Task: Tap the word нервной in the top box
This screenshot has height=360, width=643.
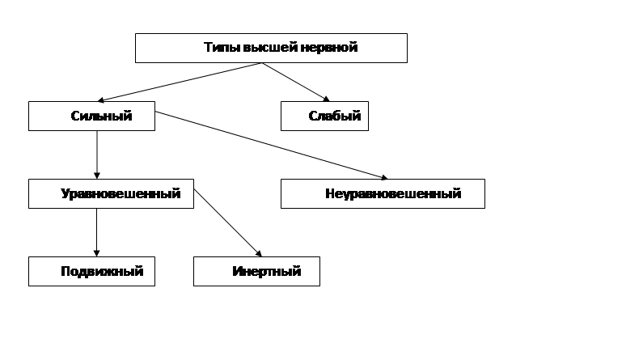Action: [329, 48]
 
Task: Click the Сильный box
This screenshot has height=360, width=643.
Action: [92, 116]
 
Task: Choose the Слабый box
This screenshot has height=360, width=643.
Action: [325, 116]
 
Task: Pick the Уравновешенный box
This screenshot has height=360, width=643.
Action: [111, 193]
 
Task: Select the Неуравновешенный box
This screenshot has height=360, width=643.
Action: [383, 193]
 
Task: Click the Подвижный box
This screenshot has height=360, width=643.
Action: [92, 272]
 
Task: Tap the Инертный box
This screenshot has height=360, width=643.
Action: [256, 272]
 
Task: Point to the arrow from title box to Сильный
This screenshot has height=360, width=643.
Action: [180, 82]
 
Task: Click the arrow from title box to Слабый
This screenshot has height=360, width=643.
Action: [296, 82]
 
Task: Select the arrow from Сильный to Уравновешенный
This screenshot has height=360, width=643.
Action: [97, 155]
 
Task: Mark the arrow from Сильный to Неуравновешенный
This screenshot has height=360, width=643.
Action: [272, 146]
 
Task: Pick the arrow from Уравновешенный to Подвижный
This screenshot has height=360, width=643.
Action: [97, 232]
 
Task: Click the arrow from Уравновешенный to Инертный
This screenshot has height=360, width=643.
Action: [227, 223]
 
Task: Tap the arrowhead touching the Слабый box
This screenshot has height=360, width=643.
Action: [327, 99]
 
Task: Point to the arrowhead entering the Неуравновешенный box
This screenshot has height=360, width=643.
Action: [384, 177]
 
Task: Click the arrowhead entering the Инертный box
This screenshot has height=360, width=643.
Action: [259, 254]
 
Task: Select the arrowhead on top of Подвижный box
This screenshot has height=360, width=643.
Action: [97, 254]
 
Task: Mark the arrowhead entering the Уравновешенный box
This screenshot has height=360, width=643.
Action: [97, 176]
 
